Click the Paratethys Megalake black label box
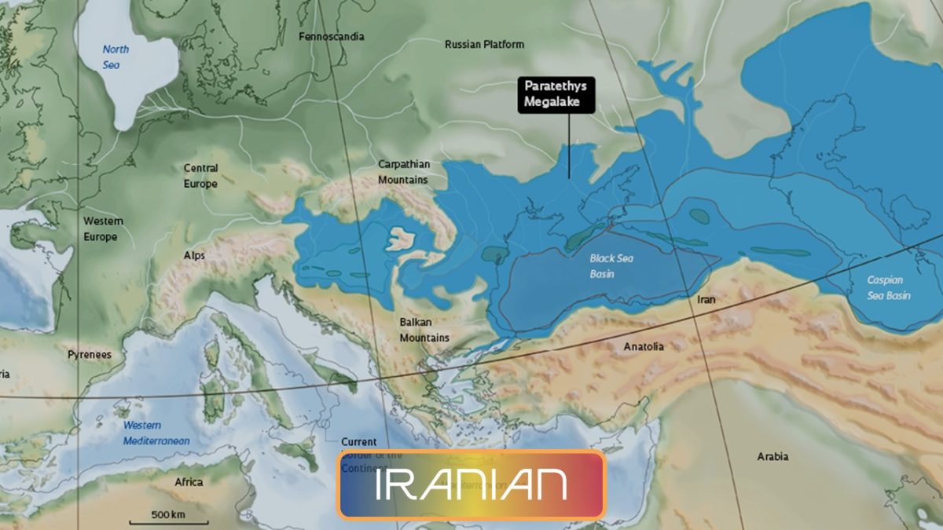pos(556,95)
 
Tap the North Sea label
pos(115,57)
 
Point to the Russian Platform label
pos(484,45)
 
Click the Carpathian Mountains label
pos(404,172)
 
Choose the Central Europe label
pos(200,176)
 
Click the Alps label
pos(194,256)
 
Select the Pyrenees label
pos(90,355)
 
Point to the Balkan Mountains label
pos(424,330)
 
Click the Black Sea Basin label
pos(611,266)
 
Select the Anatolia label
pos(644,346)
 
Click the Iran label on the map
pos(706,300)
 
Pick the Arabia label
pos(772,456)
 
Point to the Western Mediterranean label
pos(156,433)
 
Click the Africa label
pos(189,482)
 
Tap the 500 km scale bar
pos(168,517)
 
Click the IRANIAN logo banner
pos(472,484)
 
